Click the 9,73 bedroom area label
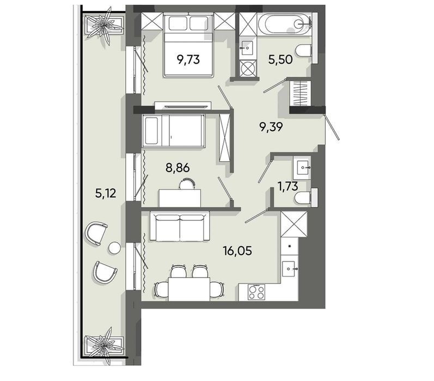click(x=188, y=59)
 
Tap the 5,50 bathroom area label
click(x=280, y=59)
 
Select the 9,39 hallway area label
click(x=271, y=127)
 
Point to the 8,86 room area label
click(x=178, y=168)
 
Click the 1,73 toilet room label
click(x=288, y=186)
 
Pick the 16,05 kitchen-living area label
click(x=237, y=251)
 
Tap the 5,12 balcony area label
click(x=106, y=193)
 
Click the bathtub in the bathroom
click(x=285, y=24)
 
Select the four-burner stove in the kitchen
click(x=256, y=292)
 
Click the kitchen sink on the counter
click(x=290, y=268)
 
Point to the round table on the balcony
click(x=114, y=248)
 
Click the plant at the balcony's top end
click(x=104, y=26)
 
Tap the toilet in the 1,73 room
click(x=305, y=197)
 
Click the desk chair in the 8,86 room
click(x=186, y=183)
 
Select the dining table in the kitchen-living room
click(x=189, y=289)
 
